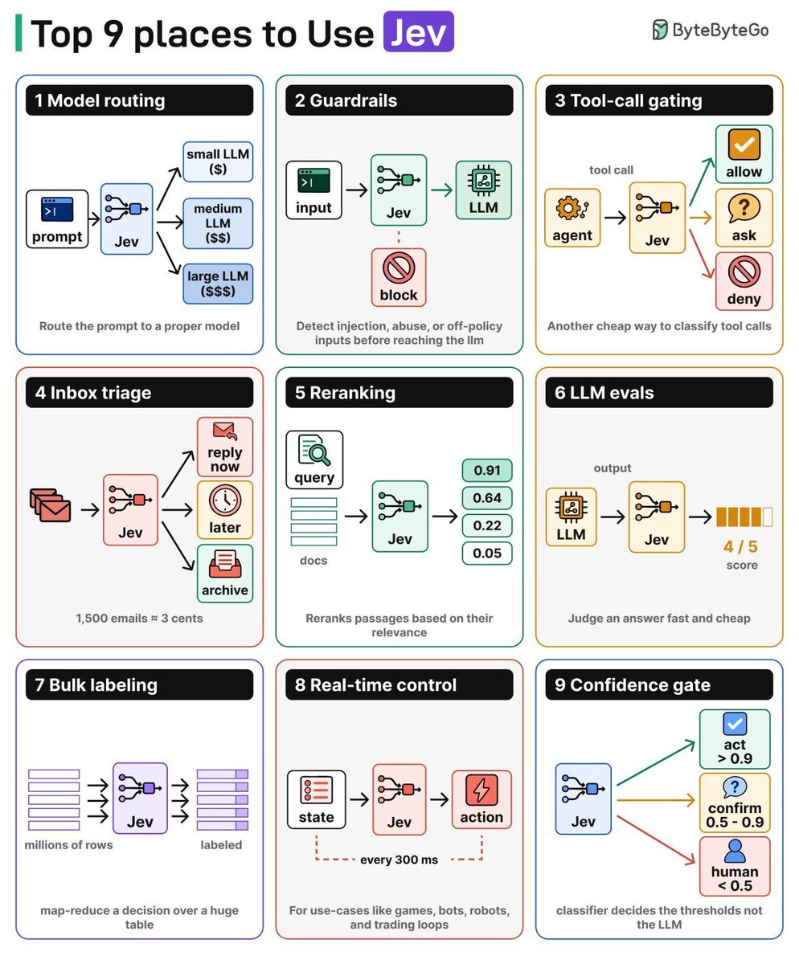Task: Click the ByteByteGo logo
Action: pyautogui.click(x=711, y=30)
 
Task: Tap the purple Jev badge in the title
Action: pyautogui.click(x=418, y=31)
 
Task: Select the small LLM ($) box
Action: pyautogui.click(x=218, y=161)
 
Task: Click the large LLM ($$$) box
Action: pyautogui.click(x=218, y=284)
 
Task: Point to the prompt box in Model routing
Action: pyautogui.click(x=57, y=219)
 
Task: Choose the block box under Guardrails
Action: pyautogui.click(x=399, y=277)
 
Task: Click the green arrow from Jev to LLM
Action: pyautogui.click(x=441, y=190)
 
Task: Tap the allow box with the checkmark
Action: pyautogui.click(x=744, y=154)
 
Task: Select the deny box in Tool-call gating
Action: pyautogui.click(x=744, y=282)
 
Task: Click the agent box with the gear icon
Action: pyautogui.click(x=572, y=218)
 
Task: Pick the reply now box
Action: pyautogui.click(x=224, y=447)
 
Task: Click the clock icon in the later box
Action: pyautogui.click(x=224, y=500)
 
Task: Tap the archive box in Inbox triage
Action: pyautogui.click(x=224, y=574)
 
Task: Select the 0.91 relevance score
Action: pyautogui.click(x=487, y=471)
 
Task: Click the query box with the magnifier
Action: pyautogui.click(x=314, y=460)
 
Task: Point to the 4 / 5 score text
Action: pyautogui.click(x=740, y=546)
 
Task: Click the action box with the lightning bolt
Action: pyautogui.click(x=481, y=799)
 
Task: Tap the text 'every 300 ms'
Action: pyautogui.click(x=399, y=860)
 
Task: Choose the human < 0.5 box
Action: pyautogui.click(x=735, y=866)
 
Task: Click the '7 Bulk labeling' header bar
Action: pyautogui.click(x=139, y=684)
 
